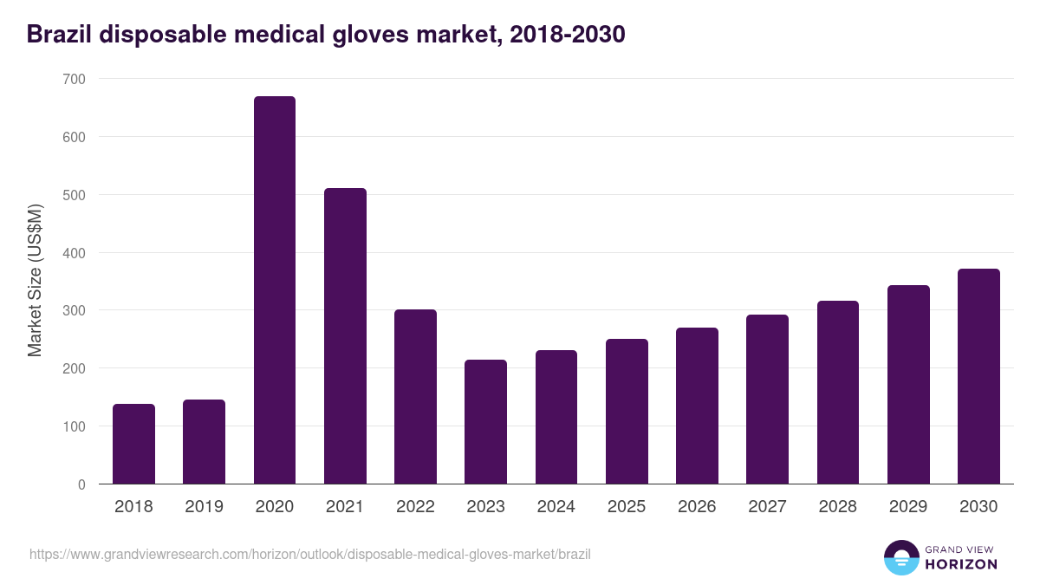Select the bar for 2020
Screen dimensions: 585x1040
pos(275,290)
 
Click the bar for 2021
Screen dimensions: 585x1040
pos(345,336)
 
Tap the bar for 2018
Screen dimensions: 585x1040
pos(133,444)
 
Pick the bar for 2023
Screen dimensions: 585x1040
pos(485,422)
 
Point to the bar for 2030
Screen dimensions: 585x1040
pos(978,376)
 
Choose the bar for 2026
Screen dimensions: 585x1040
pos(697,406)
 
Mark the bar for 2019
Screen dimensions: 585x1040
pos(204,442)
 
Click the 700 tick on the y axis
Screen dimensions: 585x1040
pos(75,79)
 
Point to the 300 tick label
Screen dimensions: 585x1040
pos(75,310)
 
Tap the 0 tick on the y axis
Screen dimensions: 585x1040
pos(81,484)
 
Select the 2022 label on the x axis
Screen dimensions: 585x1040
pos(415,507)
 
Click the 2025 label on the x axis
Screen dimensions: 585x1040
pos(627,507)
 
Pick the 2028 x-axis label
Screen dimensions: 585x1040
pos(837,507)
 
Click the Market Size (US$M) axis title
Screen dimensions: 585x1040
pos(35,280)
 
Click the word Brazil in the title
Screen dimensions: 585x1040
pos(61,35)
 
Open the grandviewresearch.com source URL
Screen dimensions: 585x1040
pos(310,554)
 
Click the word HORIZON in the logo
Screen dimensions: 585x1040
pos(961,564)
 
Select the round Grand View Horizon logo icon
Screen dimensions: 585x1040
pos(901,557)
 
